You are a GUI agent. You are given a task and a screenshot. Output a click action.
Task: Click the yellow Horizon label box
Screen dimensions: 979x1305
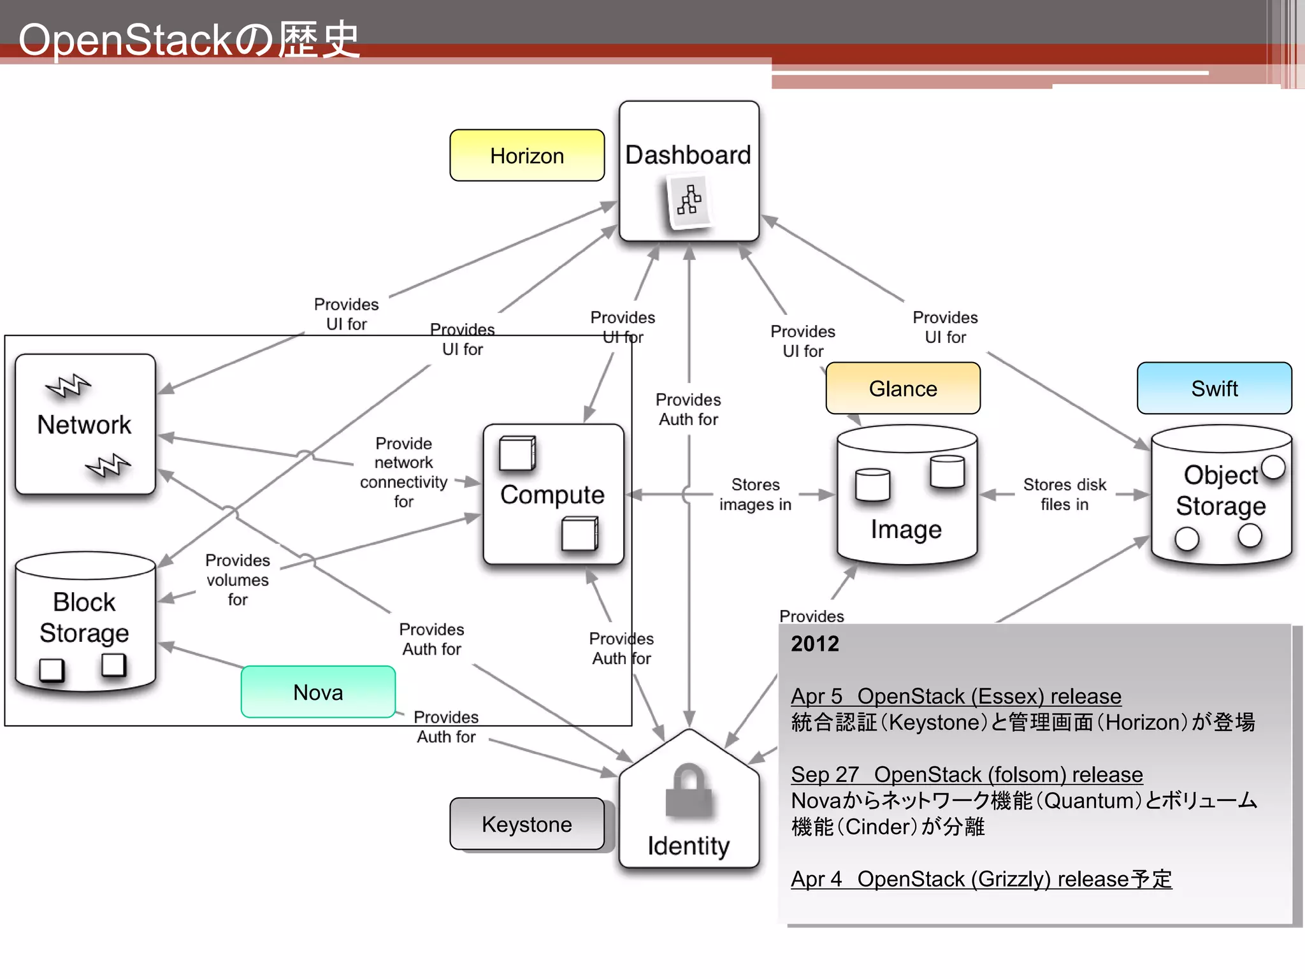pyautogui.click(x=527, y=156)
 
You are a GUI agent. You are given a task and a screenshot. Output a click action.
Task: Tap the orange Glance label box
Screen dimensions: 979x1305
pyautogui.click(x=903, y=388)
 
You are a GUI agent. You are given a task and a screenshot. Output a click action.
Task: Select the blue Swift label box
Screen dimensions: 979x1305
pyautogui.click(x=1215, y=388)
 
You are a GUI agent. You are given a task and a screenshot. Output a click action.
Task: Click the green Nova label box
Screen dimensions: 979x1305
pyautogui.click(x=318, y=692)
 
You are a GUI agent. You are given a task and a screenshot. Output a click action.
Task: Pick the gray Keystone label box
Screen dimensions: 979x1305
pyautogui.click(x=527, y=824)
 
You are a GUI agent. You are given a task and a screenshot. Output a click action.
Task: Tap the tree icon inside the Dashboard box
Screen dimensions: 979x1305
pyautogui.click(x=689, y=201)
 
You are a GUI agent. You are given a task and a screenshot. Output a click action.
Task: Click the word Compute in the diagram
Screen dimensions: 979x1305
pyautogui.click(x=552, y=495)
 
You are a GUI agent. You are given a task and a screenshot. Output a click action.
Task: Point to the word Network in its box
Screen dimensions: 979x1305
pyautogui.click(x=84, y=424)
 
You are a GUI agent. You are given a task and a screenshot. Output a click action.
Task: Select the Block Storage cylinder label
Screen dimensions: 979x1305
pyautogui.click(x=84, y=617)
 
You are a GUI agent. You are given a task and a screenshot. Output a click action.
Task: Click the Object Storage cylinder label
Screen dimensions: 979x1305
pyautogui.click(x=1220, y=490)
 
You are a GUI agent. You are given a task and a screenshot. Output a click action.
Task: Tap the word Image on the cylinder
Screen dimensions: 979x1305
pyautogui.click(x=906, y=529)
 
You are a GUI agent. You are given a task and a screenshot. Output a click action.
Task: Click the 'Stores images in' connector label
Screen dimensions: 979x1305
pyautogui.click(x=755, y=495)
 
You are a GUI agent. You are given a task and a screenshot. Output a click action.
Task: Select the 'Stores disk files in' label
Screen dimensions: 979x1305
pyautogui.click(x=1064, y=495)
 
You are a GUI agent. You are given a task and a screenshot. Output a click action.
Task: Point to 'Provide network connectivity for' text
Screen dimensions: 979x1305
pyautogui.click(x=403, y=472)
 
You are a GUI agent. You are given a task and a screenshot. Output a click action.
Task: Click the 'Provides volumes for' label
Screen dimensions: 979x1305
pyautogui.click(x=238, y=579)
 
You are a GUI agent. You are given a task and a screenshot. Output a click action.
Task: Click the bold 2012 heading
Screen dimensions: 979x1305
pyautogui.click(x=815, y=644)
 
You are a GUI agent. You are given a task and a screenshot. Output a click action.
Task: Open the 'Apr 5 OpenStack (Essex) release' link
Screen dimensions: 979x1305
pyautogui.click(x=956, y=696)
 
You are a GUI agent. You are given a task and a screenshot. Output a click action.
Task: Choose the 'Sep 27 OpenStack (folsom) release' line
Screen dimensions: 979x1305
pyautogui.click(x=967, y=774)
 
